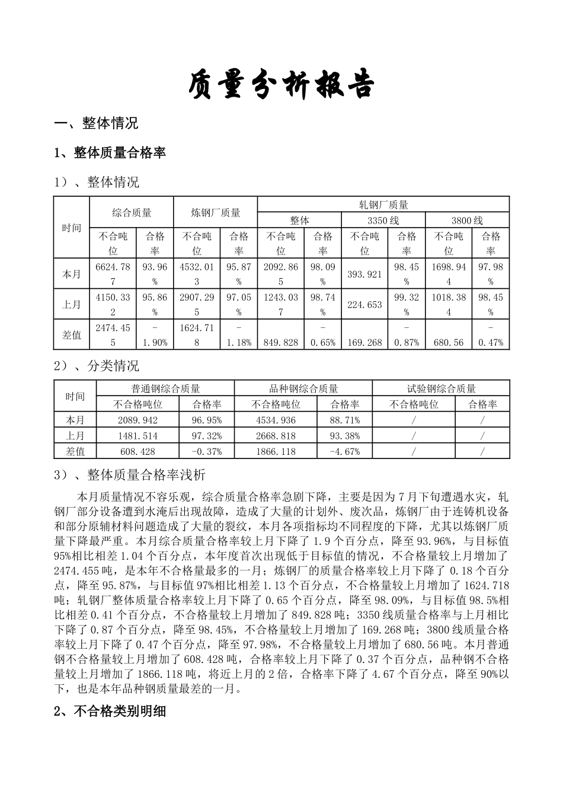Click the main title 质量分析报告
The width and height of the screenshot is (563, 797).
pyautogui.click(x=281, y=85)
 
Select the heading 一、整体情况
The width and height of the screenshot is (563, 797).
pyautogui.click(x=96, y=123)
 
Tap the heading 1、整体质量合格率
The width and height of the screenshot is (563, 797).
pyautogui.click(x=110, y=153)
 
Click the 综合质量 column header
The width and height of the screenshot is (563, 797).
pyautogui.click(x=132, y=212)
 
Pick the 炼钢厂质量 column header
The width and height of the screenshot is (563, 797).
pyautogui.click(x=216, y=212)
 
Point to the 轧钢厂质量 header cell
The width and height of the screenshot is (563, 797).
pyautogui.click(x=383, y=205)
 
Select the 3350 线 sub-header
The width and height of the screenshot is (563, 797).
pyautogui.click(x=383, y=220)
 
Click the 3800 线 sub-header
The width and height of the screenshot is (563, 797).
pyautogui.click(x=467, y=220)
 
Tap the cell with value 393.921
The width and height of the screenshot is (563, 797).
pyautogui.click(x=365, y=274)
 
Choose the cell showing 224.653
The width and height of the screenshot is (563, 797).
pyautogui.click(x=365, y=305)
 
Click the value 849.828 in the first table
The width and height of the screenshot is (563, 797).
pyautogui.click(x=281, y=342)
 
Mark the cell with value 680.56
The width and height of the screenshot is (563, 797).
pyautogui.click(x=449, y=342)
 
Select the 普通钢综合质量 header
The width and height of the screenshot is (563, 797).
pyautogui.click(x=165, y=388)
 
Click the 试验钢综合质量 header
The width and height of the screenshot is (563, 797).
pyautogui.click(x=442, y=388)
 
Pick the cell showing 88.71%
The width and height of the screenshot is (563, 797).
pyautogui.click(x=344, y=420)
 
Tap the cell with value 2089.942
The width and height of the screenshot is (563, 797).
pyautogui.click(x=137, y=420)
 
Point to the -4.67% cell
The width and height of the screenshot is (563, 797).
pyautogui.click(x=344, y=451)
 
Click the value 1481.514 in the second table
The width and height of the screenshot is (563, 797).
pyautogui.click(x=137, y=436)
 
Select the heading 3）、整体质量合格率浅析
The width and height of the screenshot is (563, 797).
pyautogui.click(x=130, y=475)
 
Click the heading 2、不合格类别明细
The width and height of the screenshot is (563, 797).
pyautogui.click(x=110, y=712)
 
